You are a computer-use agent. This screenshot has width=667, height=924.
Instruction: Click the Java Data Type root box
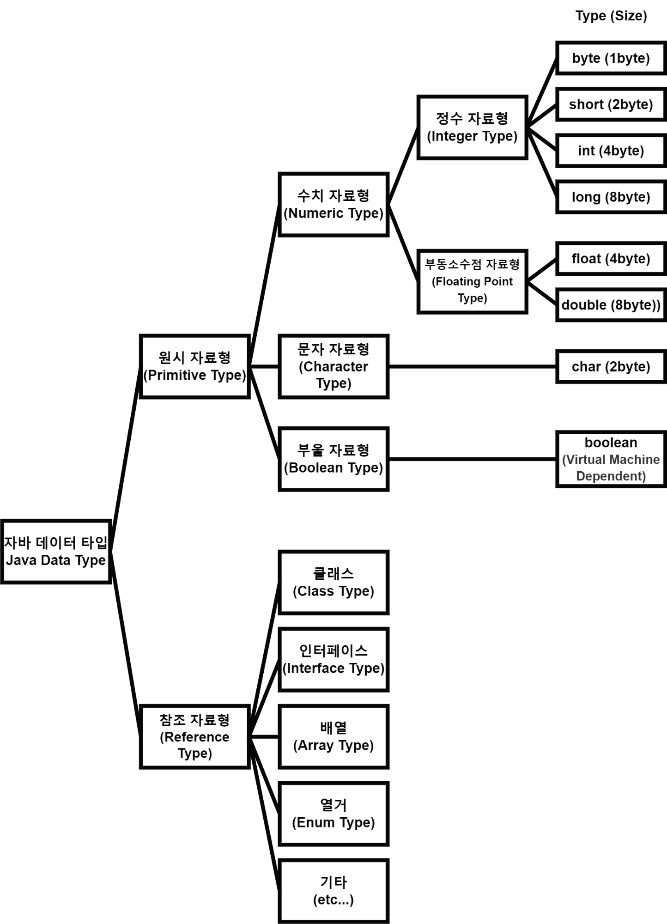pos(56,552)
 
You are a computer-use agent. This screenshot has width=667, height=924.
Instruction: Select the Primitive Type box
pos(194,366)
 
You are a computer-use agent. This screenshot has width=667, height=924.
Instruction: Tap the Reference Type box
pos(194,736)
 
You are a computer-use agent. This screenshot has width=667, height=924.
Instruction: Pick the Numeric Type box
pos(333,205)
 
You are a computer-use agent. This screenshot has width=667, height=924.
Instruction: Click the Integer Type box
pos(472,128)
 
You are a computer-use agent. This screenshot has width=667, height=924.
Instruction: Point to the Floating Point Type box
pos(472,281)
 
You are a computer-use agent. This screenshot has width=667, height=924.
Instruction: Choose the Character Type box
pos(333,366)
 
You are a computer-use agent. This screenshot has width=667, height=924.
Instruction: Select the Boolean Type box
pos(333,459)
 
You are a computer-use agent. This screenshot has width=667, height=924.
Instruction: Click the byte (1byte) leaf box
pos(611,58)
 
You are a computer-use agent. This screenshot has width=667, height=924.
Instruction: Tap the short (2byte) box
pos(611,104)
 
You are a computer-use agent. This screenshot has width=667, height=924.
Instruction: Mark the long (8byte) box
pos(611,197)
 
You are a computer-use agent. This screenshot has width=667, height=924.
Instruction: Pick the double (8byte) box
pos(611,305)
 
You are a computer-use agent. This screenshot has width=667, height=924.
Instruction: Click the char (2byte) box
pos(611,367)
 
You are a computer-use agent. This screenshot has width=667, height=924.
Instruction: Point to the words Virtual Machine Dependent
pos(611,468)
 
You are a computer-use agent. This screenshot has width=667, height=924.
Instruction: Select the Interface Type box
pos(333,659)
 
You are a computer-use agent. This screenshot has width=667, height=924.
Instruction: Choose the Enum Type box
pos(333,814)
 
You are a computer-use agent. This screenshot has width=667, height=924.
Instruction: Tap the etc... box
pos(333,891)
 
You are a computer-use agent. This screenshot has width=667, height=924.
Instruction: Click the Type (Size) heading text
pos(611,16)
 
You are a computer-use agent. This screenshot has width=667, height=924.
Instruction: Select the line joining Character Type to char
pos(472,366)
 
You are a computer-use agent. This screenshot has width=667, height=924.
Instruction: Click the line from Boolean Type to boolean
pos(472,459)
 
